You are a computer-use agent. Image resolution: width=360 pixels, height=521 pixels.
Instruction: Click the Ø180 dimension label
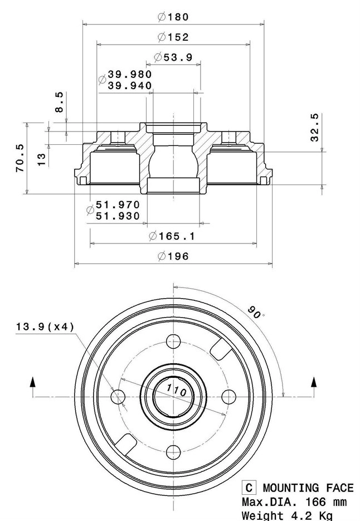[173, 17]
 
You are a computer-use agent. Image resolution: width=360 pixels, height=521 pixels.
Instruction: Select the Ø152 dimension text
[173, 37]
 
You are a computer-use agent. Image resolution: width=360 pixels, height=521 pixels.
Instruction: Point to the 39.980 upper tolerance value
[129, 74]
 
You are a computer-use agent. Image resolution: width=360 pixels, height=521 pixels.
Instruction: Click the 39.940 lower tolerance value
[129, 85]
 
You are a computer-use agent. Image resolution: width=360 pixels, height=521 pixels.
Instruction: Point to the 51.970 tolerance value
[118, 204]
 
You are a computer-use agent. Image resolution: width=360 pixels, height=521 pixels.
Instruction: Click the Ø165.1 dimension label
[172, 236]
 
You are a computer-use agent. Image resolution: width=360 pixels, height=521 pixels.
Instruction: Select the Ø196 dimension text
[173, 256]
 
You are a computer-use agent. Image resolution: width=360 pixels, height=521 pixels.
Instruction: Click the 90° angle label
[255, 313]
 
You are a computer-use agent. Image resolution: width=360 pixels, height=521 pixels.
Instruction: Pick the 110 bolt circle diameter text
[176, 389]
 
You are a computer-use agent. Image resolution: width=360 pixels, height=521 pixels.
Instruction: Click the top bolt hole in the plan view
[174, 341]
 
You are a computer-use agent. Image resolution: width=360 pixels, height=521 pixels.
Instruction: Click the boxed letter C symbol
[249, 488]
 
